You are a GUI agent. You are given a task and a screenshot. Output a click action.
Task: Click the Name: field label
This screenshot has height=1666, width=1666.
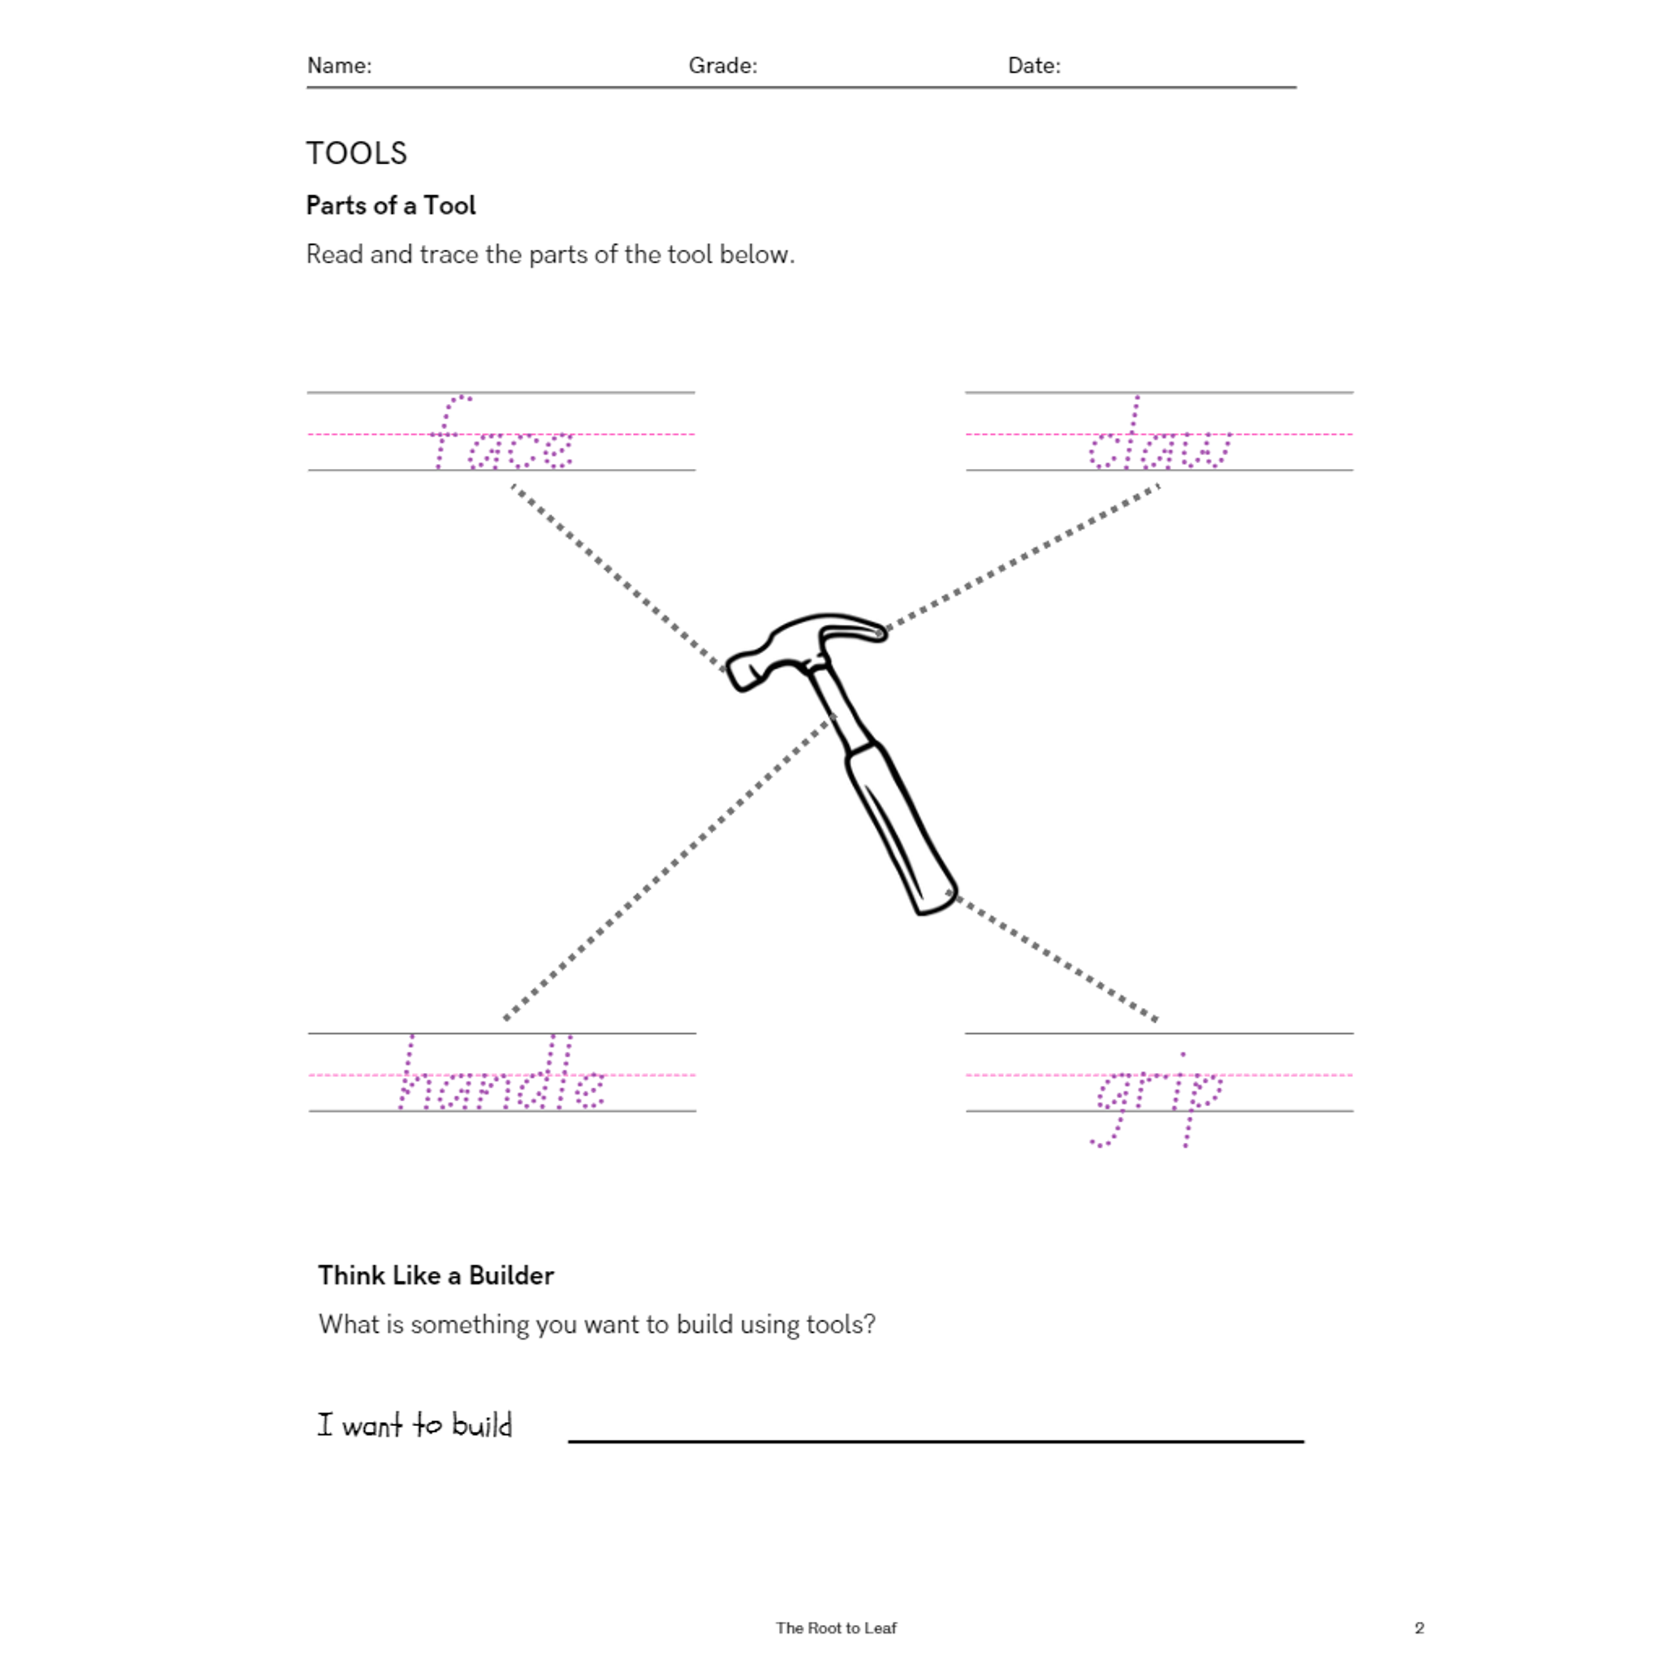click(339, 66)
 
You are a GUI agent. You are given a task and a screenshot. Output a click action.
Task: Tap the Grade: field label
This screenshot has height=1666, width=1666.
click(721, 66)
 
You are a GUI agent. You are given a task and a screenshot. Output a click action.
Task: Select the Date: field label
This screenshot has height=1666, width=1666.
click(1033, 66)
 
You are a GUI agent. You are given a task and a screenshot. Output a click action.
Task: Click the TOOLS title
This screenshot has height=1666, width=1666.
click(357, 153)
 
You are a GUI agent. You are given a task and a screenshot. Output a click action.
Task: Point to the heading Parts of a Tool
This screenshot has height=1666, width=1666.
click(391, 205)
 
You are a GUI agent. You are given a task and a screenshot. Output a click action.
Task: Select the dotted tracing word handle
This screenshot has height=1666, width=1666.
click(501, 1076)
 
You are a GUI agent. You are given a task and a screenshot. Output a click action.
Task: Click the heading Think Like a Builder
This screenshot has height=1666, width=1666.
click(436, 1275)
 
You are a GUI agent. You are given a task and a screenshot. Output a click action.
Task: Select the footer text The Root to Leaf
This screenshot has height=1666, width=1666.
click(835, 1627)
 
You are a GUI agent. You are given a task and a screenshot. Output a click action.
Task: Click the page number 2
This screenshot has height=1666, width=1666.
click(1419, 1627)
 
